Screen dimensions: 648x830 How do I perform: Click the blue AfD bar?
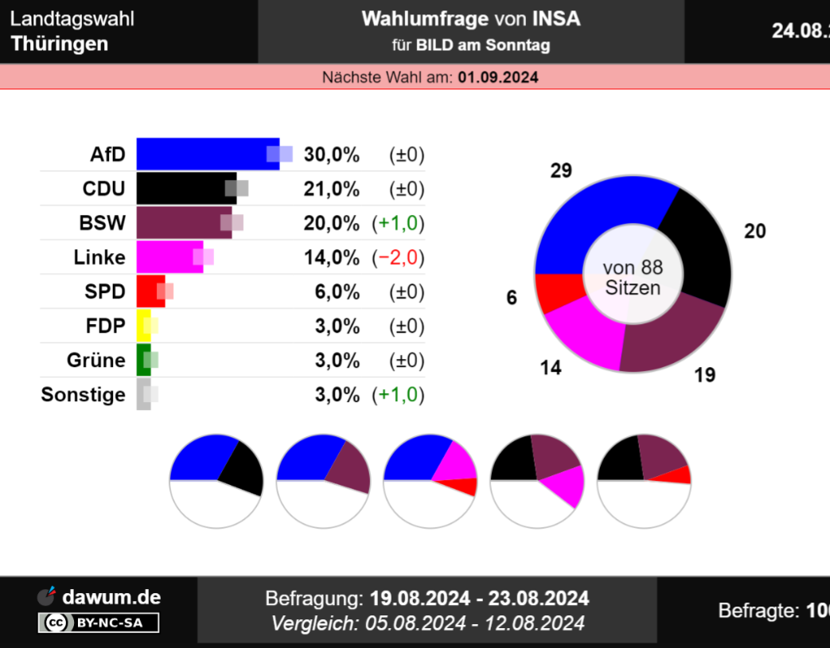point(207,154)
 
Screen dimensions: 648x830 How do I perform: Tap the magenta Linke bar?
point(169,257)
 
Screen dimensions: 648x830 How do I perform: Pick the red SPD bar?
point(150,291)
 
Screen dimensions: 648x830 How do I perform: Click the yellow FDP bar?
point(143,326)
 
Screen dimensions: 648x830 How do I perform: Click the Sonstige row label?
point(83,395)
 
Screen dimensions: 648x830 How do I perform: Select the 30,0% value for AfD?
point(331,155)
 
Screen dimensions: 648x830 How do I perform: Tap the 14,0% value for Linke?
point(331,258)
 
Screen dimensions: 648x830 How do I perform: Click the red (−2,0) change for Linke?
point(398,258)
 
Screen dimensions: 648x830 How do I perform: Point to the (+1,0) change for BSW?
point(398,224)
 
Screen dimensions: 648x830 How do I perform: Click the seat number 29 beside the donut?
point(561,171)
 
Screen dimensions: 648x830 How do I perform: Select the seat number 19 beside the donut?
point(704,375)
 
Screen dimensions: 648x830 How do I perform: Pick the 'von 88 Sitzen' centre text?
point(633,277)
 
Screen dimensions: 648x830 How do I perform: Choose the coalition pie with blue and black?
point(216,480)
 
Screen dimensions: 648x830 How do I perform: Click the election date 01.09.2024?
point(498,77)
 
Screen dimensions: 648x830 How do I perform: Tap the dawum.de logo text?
point(111,597)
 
